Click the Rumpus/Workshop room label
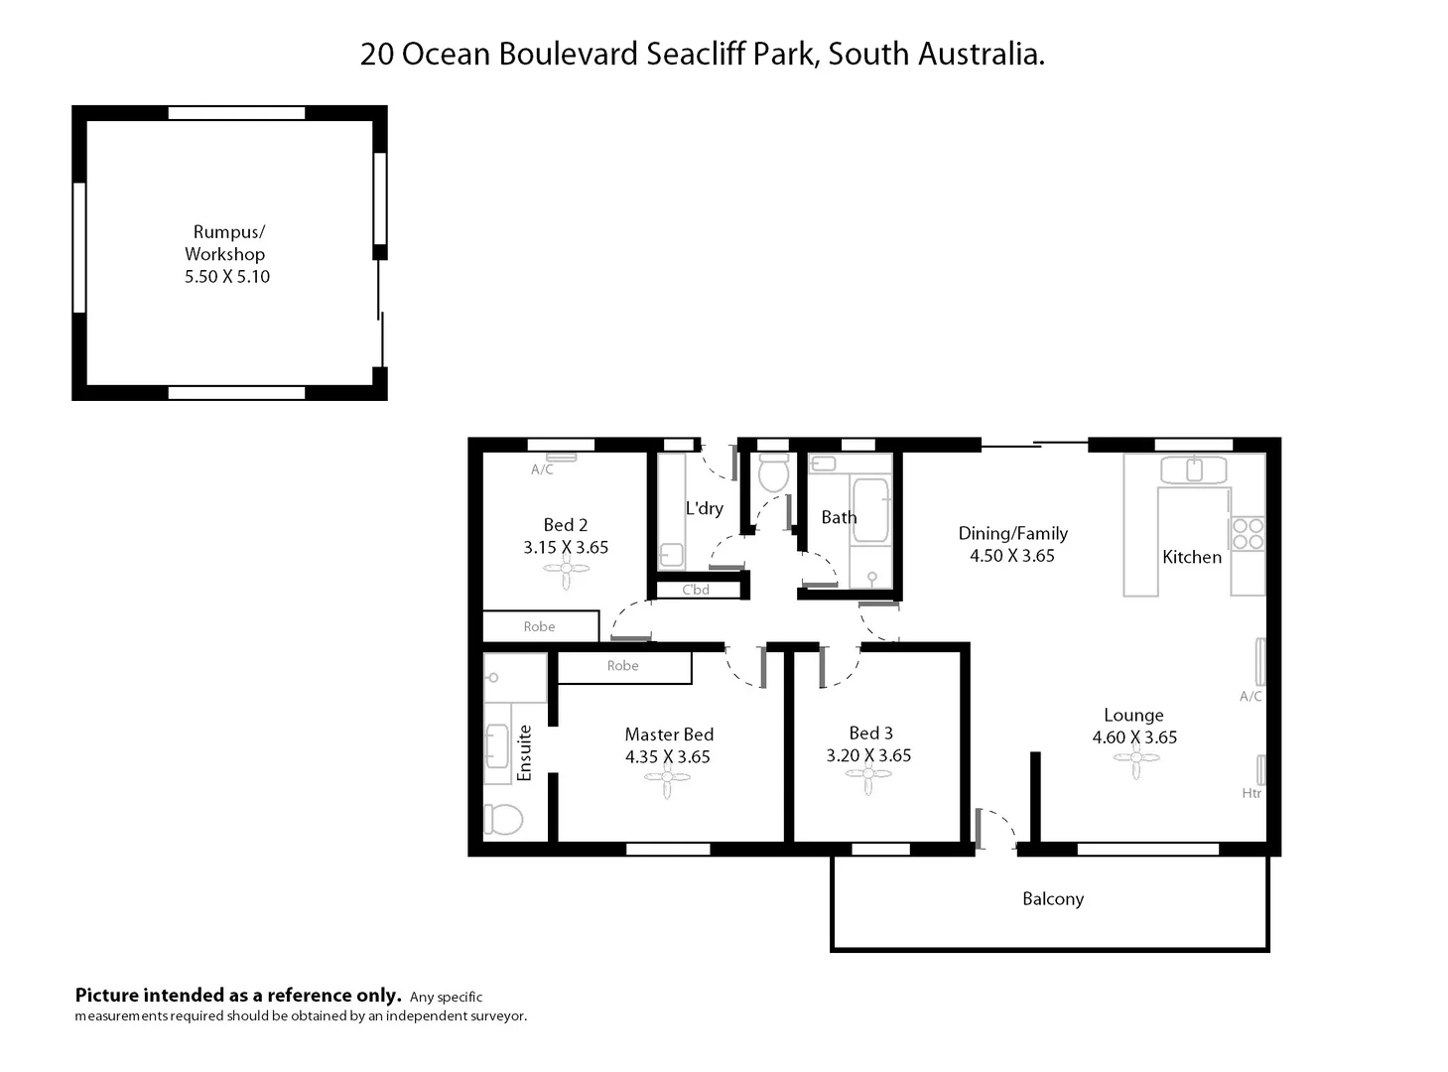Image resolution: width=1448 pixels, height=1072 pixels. (x=226, y=242)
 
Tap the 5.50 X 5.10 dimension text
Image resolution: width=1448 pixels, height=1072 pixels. (x=226, y=277)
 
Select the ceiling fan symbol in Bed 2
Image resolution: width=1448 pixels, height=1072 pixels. (x=566, y=572)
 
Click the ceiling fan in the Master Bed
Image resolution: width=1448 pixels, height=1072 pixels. (x=668, y=780)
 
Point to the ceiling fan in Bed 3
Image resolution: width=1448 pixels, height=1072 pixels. (x=868, y=779)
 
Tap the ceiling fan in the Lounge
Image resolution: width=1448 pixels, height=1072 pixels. (x=1135, y=760)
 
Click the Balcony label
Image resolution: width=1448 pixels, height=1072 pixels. (x=1052, y=899)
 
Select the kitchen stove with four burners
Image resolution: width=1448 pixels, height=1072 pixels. (x=1248, y=534)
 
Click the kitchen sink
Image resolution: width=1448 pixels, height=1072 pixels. (x=1194, y=470)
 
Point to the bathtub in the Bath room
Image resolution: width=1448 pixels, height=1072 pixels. (x=870, y=510)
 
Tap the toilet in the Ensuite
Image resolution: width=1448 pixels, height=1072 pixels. (x=504, y=819)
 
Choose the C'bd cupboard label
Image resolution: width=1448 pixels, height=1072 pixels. (x=696, y=590)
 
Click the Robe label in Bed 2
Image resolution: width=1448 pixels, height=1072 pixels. (x=539, y=626)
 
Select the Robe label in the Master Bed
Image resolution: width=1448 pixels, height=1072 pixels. (x=622, y=666)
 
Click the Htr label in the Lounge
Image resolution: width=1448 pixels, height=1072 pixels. (x=1251, y=793)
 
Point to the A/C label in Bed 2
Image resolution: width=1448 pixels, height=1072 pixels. (x=542, y=469)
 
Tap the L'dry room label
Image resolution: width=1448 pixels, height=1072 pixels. (x=704, y=508)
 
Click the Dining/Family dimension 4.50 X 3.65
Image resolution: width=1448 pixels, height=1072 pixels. (x=1011, y=556)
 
